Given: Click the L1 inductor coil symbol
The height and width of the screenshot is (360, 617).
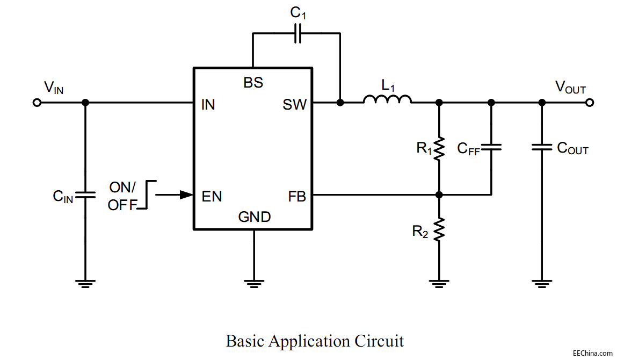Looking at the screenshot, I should [x=387, y=99].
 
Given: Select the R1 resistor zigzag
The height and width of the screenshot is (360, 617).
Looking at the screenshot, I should [x=439, y=149].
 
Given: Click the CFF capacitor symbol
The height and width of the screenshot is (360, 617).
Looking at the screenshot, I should [x=491, y=147].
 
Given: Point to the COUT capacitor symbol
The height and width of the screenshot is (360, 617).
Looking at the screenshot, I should [x=542, y=147].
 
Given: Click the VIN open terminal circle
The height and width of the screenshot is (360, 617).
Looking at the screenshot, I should [x=37, y=102].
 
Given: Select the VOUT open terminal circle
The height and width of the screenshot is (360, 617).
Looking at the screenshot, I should [x=590, y=102].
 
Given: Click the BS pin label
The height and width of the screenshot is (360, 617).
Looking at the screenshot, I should [x=253, y=83].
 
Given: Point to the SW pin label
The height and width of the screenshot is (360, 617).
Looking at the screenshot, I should [x=294, y=105].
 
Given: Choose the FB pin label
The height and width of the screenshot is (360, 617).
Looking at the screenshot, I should [x=297, y=197].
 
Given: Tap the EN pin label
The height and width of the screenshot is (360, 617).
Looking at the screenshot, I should [x=212, y=196].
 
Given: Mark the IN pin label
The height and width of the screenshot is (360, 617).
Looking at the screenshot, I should [x=208, y=105].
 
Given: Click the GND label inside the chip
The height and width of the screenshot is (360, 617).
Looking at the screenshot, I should [x=255, y=217].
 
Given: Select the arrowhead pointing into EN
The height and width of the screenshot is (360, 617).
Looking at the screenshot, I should [x=186, y=195].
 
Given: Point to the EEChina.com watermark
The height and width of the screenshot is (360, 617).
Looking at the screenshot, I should [x=592, y=353].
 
